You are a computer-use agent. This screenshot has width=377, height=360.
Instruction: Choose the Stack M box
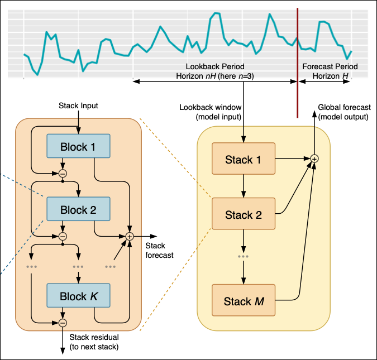point(244,301)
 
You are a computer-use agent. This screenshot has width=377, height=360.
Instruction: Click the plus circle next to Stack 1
point(314,159)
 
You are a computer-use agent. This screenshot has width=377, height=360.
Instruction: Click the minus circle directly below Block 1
point(63,173)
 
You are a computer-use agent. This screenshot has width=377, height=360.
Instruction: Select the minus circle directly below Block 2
point(63,236)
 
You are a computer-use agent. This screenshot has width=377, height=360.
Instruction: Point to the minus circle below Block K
point(63,323)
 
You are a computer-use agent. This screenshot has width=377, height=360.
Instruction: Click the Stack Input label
point(78,105)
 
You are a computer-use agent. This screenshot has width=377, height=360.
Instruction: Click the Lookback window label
point(210,112)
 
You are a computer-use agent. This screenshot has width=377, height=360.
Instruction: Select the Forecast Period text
point(330,66)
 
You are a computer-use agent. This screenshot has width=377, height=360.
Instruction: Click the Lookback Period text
point(215,66)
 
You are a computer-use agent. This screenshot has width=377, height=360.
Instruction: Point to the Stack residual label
point(94,342)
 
